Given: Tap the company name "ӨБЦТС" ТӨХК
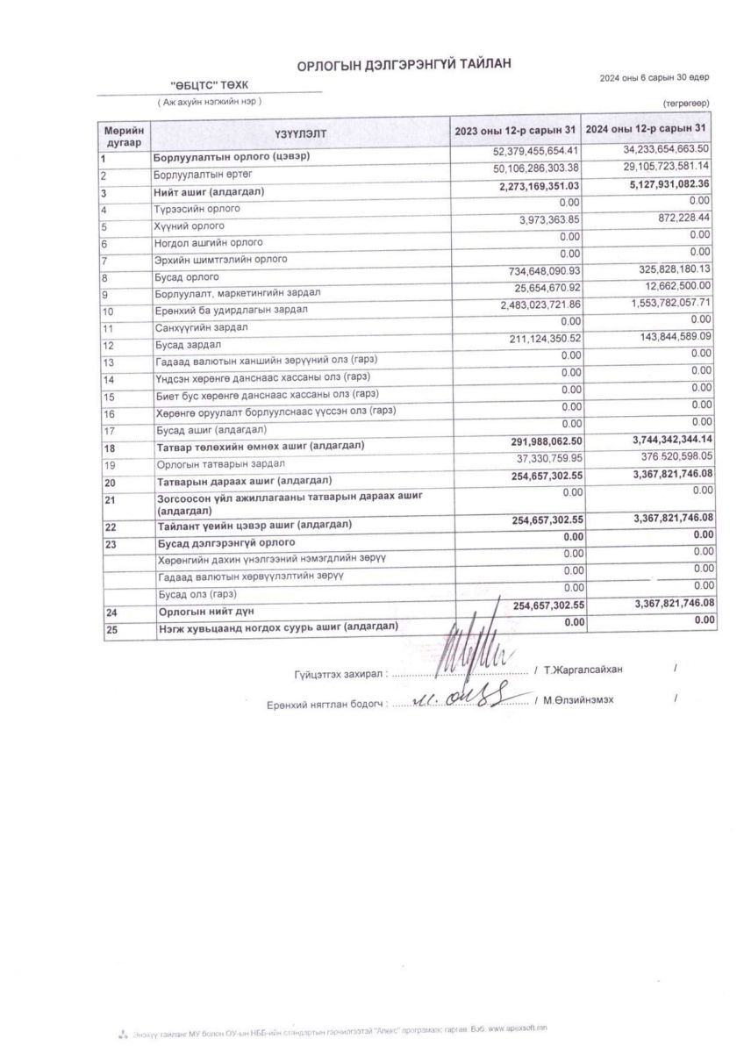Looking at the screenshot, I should [x=211, y=84].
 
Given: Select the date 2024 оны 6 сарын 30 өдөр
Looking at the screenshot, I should [x=655, y=78].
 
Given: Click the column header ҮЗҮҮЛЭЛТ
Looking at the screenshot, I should [x=299, y=134].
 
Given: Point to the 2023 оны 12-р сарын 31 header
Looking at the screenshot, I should [x=516, y=132].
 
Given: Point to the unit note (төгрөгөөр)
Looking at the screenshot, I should [x=686, y=104].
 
